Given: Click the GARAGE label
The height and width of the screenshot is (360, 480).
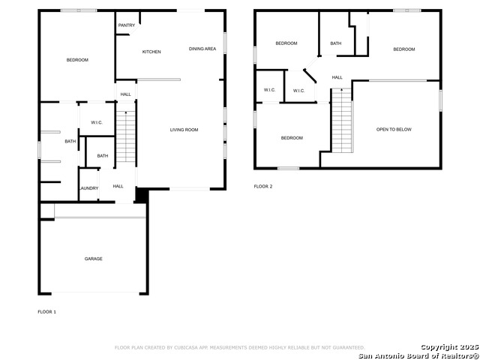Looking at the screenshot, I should pos(93,259).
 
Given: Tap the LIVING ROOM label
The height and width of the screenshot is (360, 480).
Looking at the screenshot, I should pos(184,130).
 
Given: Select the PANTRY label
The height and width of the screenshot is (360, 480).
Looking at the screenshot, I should pos(127,25).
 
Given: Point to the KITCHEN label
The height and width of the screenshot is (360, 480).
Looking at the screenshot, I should pos(151,52).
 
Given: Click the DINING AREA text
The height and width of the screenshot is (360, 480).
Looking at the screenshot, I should pos(202,49).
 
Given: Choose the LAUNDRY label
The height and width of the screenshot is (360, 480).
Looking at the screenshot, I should pos(88,188).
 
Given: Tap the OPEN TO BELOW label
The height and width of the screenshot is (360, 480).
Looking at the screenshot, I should pos(394,130).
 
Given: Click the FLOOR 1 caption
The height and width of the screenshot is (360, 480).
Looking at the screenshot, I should pos(47,311).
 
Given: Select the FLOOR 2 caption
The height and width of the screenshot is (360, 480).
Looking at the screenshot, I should pos(263,186).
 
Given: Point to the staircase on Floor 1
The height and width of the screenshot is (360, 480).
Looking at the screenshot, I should pos(125,136).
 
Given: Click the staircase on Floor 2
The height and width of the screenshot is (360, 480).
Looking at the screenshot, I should pos(341,120).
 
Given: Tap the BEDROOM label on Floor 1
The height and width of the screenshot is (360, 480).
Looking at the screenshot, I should pos(77,60).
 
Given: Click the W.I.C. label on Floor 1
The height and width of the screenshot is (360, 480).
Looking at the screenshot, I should pos(97,122).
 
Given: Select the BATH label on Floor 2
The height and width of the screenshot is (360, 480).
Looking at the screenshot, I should pos(335,43).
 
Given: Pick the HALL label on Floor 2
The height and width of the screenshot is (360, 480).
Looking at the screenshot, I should pos(337,77).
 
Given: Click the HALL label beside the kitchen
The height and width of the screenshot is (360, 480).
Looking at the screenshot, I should pos(125,94).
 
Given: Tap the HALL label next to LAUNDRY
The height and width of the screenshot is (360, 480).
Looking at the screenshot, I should pos(118,186).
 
